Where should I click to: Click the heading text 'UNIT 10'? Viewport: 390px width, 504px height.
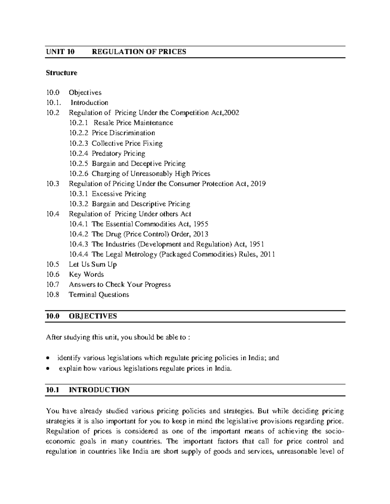coord(60,52)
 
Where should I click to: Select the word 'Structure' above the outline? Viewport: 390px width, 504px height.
coord(61,73)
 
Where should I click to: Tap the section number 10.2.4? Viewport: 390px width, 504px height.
coord(79,154)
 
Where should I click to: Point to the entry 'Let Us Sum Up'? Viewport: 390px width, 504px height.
coord(93,264)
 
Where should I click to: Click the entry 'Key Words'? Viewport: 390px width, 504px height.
coord(86,275)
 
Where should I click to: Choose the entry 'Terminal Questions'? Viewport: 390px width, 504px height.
coord(99,295)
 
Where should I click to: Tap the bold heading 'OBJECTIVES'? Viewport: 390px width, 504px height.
coord(93,316)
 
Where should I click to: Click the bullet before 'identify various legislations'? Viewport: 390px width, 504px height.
coord(48,359)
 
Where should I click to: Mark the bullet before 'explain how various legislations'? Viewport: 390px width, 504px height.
coord(48,369)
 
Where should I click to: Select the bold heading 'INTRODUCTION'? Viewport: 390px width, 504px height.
coord(99,390)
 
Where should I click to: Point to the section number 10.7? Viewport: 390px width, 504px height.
coord(53,285)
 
